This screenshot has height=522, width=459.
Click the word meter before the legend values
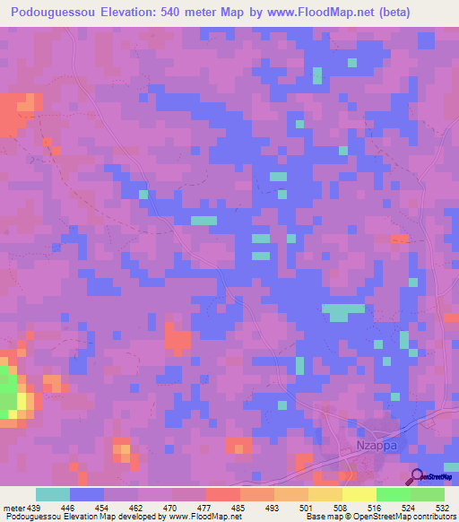click(x=13, y=507)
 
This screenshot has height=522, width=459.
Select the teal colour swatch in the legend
click(x=52, y=494)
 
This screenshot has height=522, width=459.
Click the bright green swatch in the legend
click(x=393, y=494)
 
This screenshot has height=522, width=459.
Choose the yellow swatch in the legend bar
click(x=359, y=494)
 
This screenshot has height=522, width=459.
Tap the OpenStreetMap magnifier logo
click(x=418, y=476)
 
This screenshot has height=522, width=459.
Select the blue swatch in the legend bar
click(x=86, y=494)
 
